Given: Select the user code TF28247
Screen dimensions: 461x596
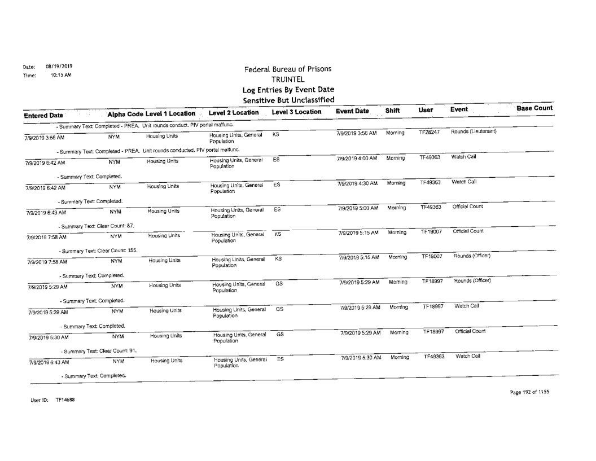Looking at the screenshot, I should pyautogui.click(x=430, y=133).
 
